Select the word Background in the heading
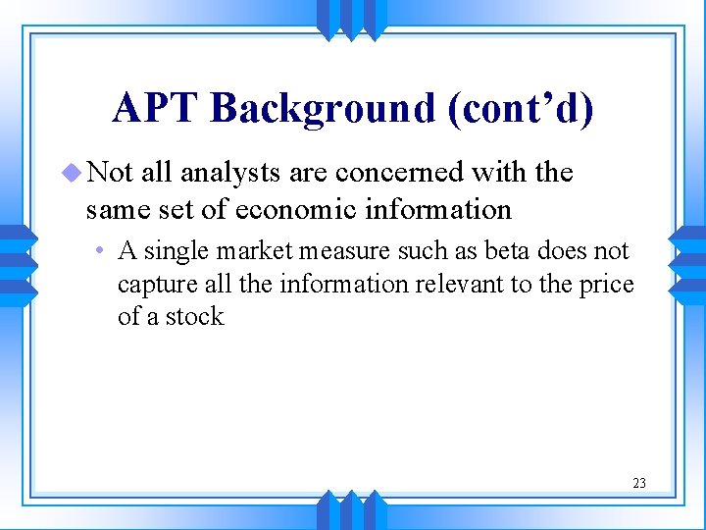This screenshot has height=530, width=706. tap(322, 108)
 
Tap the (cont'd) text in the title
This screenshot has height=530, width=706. tap(521, 108)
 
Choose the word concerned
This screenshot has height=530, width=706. tap(401, 173)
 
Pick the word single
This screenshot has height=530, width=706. tap(171, 251)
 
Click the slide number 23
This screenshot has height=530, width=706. tap(638, 483)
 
